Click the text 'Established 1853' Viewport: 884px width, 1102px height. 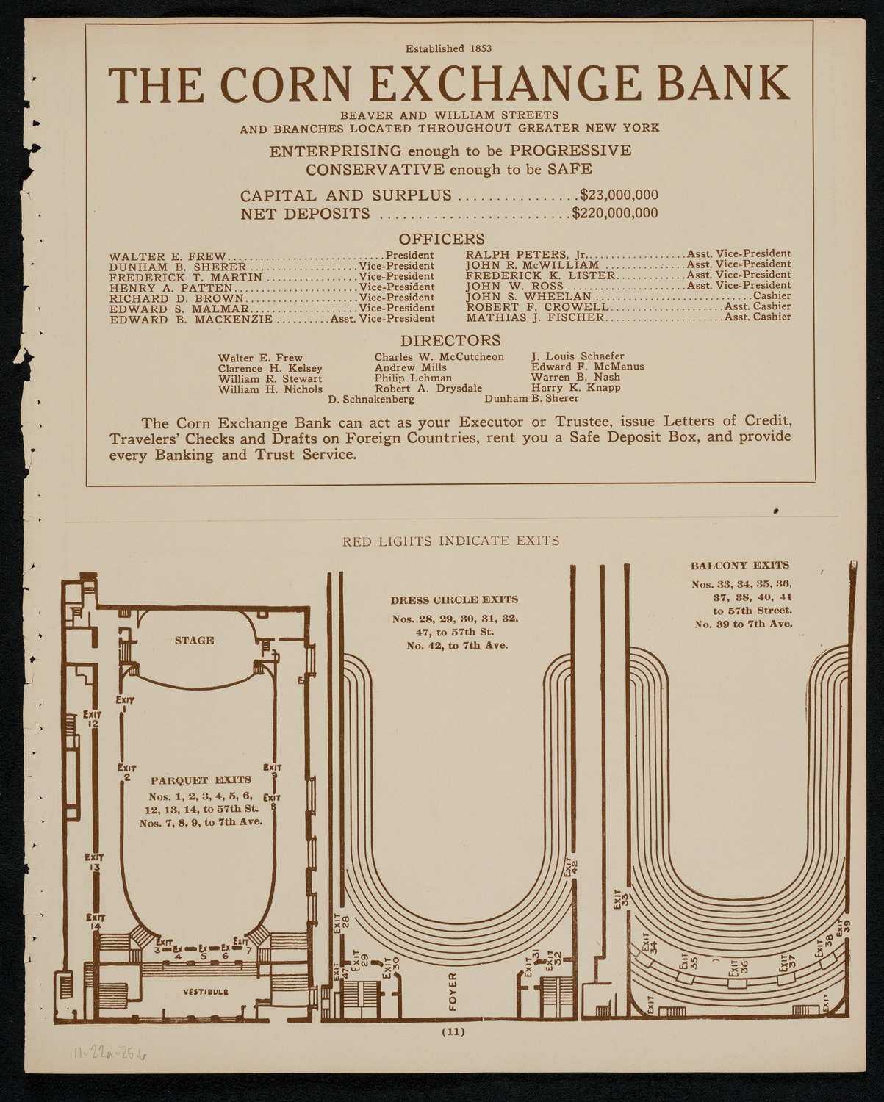449,49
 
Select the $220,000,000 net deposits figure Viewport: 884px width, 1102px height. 615,214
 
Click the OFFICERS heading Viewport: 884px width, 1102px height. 442,239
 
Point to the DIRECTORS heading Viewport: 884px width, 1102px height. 450,340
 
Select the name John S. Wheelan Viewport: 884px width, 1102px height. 528,296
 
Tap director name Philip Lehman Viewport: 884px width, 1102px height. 413,378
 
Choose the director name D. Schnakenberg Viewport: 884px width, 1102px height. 370,399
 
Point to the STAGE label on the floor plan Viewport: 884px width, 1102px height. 194,640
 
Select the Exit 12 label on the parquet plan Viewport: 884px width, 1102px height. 92,718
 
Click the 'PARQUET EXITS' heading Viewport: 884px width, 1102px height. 200,779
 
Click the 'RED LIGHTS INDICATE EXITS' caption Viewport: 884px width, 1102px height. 451,541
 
